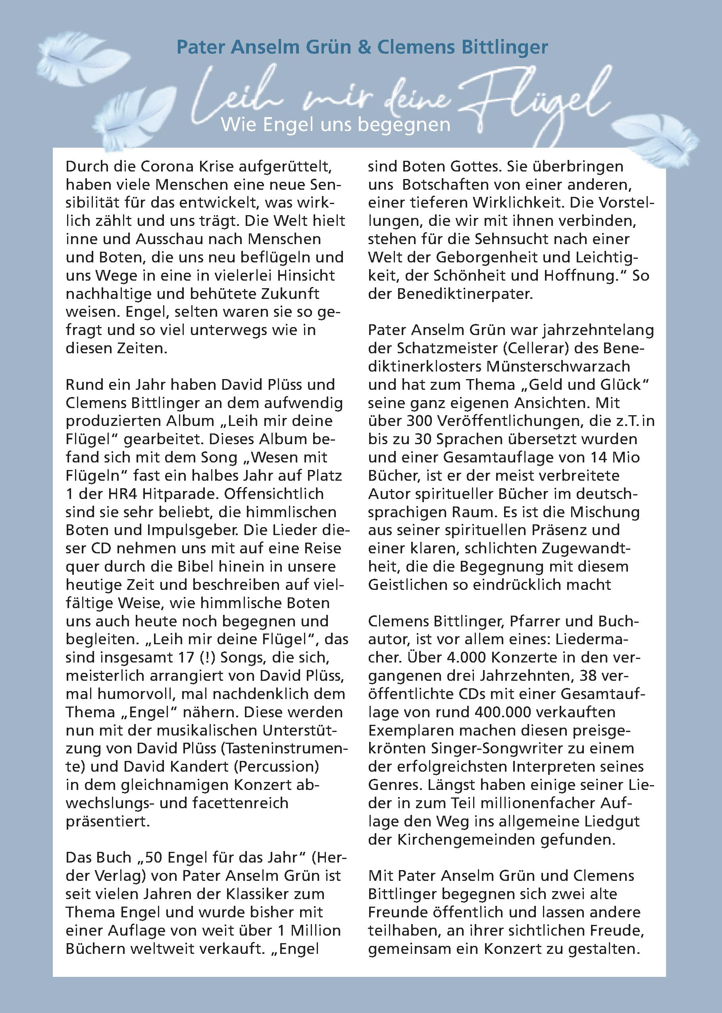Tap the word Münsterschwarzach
tap(558, 367)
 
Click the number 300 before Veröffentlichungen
tap(418, 421)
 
